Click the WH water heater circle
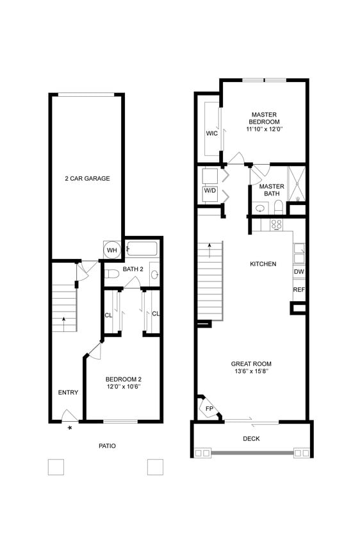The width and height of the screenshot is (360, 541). [x=111, y=249]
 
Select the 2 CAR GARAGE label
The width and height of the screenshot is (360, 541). [x=87, y=178]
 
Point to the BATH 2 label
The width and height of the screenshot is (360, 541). [x=132, y=269]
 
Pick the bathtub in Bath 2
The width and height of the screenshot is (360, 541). [x=142, y=248]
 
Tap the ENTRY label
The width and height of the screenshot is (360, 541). [x=68, y=392]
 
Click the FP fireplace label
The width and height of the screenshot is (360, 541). [x=209, y=408]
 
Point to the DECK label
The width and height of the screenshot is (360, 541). [x=251, y=438]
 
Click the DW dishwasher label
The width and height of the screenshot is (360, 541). [x=299, y=272]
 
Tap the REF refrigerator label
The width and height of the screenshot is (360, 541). [x=299, y=290]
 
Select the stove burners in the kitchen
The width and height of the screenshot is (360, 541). [x=277, y=224]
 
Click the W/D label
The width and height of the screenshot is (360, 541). [x=210, y=190]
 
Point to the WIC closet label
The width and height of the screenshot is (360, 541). [x=211, y=133]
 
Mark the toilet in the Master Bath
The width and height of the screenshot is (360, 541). [x=278, y=206]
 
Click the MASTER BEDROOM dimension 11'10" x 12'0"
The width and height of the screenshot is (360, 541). [x=264, y=129]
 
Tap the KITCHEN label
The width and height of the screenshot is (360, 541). [x=263, y=263]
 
